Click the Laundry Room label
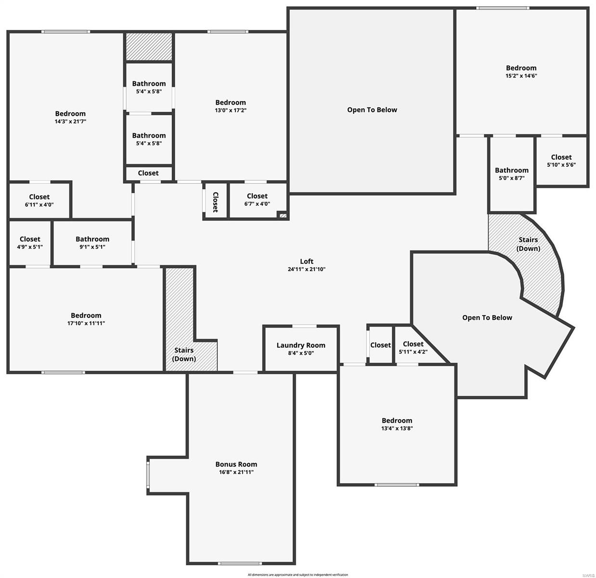[301, 345]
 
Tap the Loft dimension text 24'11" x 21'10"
[307, 269]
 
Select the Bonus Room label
[236, 464]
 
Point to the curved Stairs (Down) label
[528, 244]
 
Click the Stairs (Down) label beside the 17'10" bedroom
[184, 355]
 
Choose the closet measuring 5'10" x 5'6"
[561, 161]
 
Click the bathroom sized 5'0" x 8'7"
[511, 174]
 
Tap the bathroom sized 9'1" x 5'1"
[92, 243]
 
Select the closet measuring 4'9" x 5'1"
[30, 243]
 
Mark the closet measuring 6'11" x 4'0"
[39, 200]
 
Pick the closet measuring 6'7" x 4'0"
[257, 199]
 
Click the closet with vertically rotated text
[215, 202]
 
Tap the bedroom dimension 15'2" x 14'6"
[521, 76]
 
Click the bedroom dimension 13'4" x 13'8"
[397, 428]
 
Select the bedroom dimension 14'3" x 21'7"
[70, 121]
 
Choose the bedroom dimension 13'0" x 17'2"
[231, 110]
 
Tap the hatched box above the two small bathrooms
[149, 47]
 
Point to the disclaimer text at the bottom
[298, 575]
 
